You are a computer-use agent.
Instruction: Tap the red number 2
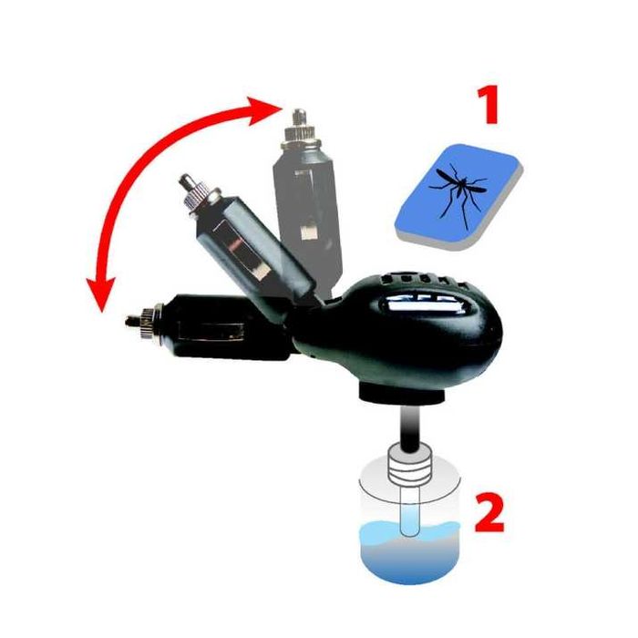(490, 514)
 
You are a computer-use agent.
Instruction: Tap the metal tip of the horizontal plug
(136, 320)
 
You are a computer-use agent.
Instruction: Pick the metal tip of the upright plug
(297, 118)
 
